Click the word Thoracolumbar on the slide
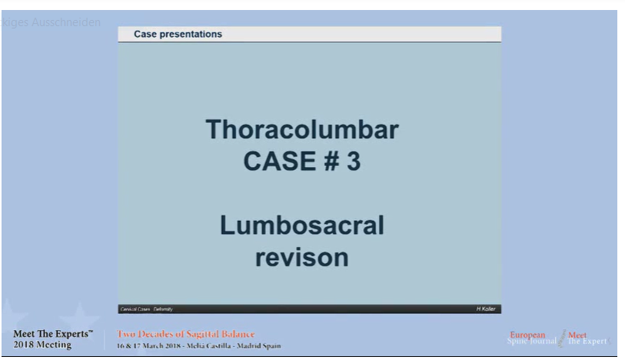coord(301,130)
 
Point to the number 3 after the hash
coord(353,163)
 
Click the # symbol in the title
coord(331,163)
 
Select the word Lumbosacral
coord(301,227)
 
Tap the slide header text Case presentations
coord(178,35)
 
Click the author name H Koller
coord(486,308)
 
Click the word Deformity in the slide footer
coord(163,308)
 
